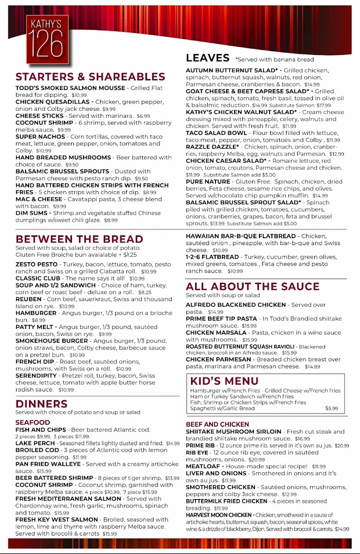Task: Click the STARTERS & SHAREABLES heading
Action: point(90,77)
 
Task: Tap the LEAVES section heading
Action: point(207,58)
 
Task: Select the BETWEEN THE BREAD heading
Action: point(79,239)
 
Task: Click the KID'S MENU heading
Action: point(224,381)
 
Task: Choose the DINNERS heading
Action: point(42,404)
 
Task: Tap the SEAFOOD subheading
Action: point(33,422)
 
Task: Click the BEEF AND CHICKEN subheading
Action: point(217,424)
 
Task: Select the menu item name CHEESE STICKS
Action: point(40,115)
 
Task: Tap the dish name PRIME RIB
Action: point(201,446)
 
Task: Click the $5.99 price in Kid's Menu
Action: point(331,409)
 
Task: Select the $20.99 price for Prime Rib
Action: point(342,446)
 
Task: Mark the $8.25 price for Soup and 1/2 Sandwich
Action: point(145,292)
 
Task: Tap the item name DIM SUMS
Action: point(33,213)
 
